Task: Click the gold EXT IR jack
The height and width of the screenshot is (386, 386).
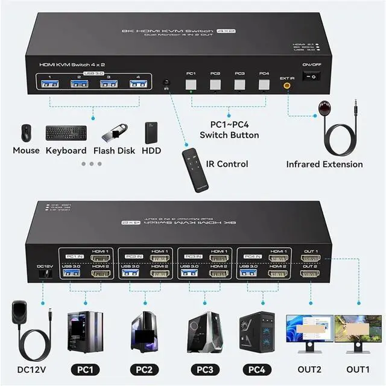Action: point(287,86)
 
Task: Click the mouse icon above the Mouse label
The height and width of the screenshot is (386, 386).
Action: point(26,133)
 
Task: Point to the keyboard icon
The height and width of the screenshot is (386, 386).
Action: point(66,133)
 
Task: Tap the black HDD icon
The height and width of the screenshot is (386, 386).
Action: point(151,133)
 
